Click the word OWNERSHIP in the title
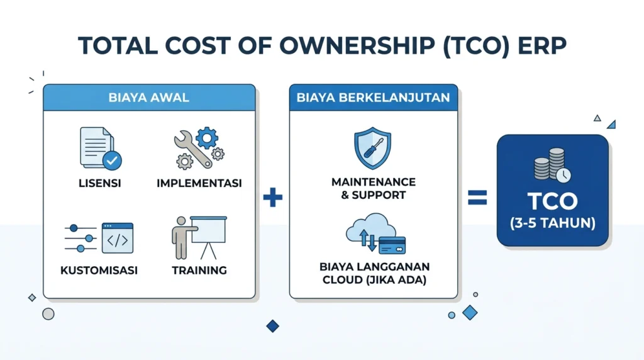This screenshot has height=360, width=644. (x=357, y=45)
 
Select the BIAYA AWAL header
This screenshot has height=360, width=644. (x=149, y=98)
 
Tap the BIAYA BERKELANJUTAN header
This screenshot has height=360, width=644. (x=374, y=98)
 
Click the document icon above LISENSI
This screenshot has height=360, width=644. (x=101, y=149)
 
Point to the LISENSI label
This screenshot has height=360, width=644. (x=100, y=183)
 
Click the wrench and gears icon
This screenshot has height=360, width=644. (x=199, y=148)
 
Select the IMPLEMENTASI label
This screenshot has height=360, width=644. (x=199, y=183)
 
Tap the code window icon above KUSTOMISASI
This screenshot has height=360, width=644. (x=118, y=238)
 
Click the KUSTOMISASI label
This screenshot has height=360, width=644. (x=99, y=271)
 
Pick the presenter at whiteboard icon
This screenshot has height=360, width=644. (x=199, y=237)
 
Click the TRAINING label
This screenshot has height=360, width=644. (x=199, y=271)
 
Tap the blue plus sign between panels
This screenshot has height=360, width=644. (x=273, y=197)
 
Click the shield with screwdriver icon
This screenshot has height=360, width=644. (x=372, y=148)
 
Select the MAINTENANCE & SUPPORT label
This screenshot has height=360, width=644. (x=374, y=189)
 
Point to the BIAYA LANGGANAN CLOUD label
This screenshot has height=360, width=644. (x=375, y=273)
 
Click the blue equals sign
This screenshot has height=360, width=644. (x=477, y=197)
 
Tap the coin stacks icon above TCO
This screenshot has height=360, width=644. (x=552, y=165)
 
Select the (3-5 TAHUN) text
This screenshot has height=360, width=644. (x=552, y=223)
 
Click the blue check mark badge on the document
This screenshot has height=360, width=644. (x=112, y=160)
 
